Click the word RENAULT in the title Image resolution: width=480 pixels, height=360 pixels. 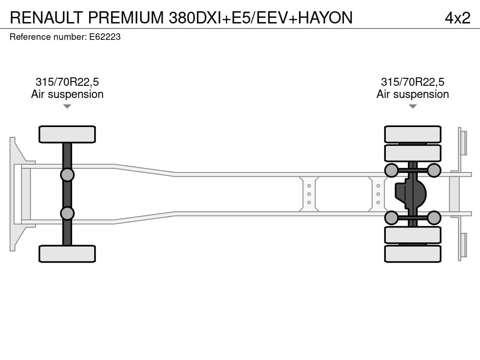[x=46, y=17]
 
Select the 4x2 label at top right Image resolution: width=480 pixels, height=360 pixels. [x=457, y=18]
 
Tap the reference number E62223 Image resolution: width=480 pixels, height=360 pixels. [x=105, y=37]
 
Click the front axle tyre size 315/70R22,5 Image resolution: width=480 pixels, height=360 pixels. [x=67, y=82]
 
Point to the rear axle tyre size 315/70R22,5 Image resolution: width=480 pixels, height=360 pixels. [x=412, y=82]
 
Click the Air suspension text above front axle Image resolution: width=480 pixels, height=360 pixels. [x=67, y=94]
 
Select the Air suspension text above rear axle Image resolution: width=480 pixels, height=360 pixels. [x=412, y=94]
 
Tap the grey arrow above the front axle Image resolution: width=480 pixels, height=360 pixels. [x=67, y=106]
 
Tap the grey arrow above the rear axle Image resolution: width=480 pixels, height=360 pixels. [x=412, y=106]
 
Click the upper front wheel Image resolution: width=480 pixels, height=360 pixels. [x=67, y=134]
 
